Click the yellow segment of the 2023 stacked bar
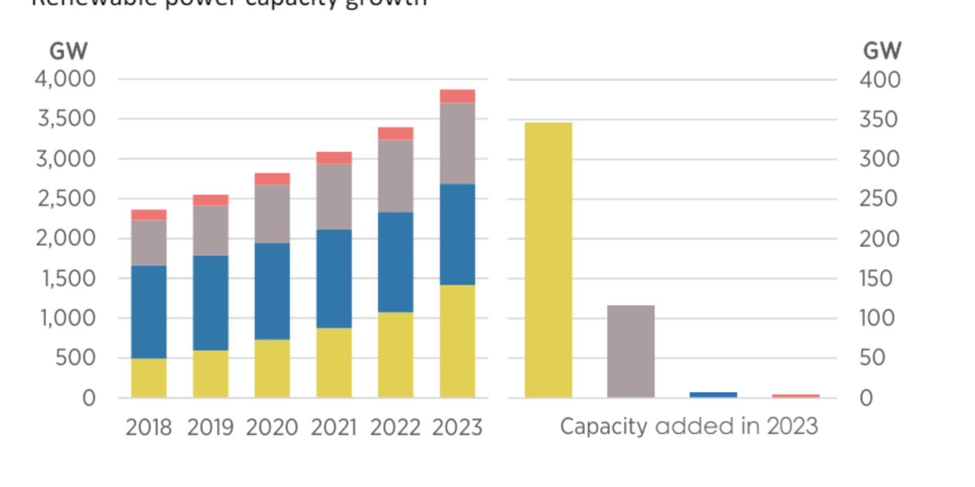457,341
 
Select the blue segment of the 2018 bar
149,311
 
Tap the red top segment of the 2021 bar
334,157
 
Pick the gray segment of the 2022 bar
395,176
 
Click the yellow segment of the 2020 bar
272,368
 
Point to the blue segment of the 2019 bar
210,302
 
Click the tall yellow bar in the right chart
548,260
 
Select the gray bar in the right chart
630,351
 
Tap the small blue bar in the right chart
713,394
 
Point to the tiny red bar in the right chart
795,396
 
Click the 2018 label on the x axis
149,427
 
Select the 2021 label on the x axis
334,427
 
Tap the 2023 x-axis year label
457,427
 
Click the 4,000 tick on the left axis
66,78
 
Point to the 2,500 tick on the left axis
66,198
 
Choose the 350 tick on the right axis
878,119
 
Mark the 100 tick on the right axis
877,318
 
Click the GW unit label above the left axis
68,51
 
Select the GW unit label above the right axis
882,51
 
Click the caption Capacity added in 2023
689,426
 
